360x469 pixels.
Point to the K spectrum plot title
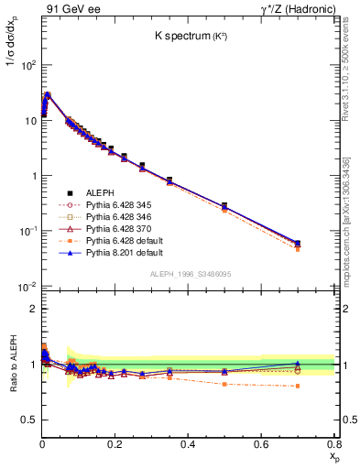tap(191, 36)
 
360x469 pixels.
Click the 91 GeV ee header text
tap(66, 8)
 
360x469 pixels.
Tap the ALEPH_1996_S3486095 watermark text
tap(190, 274)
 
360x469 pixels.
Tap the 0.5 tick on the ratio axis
tap(28, 420)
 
